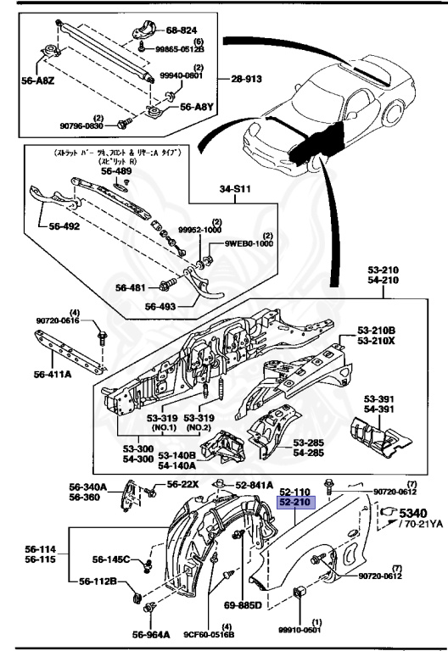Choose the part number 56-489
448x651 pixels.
coord(117,170)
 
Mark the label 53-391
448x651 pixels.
coord(381,399)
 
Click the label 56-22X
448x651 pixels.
coord(182,484)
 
